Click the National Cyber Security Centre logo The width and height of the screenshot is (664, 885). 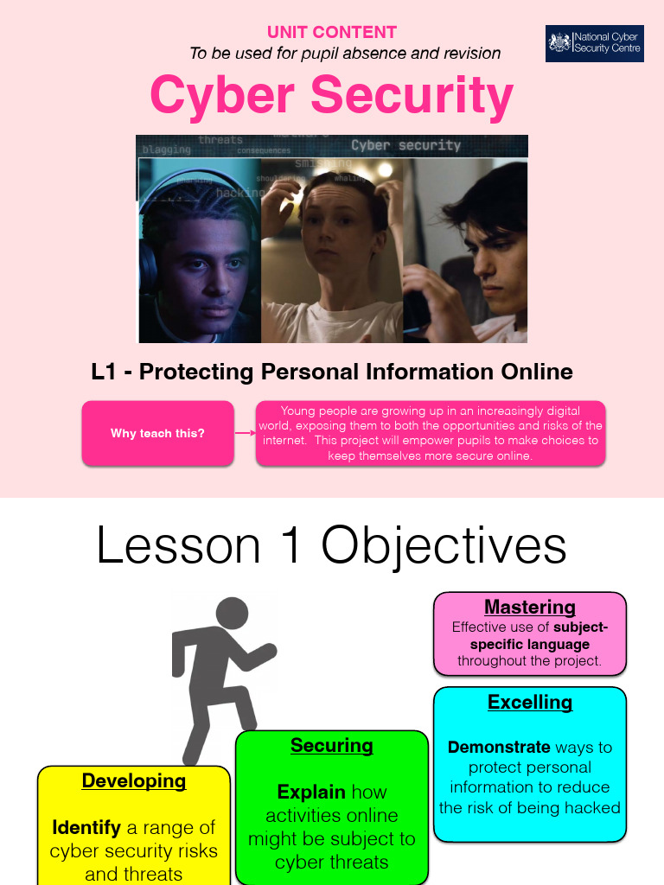click(x=594, y=43)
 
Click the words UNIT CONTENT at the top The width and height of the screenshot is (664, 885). click(x=332, y=32)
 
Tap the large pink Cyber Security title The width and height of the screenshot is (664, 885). click(x=332, y=95)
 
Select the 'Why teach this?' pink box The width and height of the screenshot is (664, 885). click(x=157, y=433)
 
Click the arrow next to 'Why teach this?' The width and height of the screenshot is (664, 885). click(x=246, y=433)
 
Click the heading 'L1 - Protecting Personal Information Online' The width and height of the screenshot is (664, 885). click(x=332, y=372)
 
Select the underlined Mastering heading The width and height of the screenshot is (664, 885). click(x=530, y=607)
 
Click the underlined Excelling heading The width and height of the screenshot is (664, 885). click(x=530, y=702)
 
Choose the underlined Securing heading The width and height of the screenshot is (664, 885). click(x=332, y=745)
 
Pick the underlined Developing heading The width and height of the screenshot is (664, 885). click(x=134, y=780)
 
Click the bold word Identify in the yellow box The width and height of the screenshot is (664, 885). click(x=86, y=827)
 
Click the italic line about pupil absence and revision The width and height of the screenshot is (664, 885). click(x=345, y=54)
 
